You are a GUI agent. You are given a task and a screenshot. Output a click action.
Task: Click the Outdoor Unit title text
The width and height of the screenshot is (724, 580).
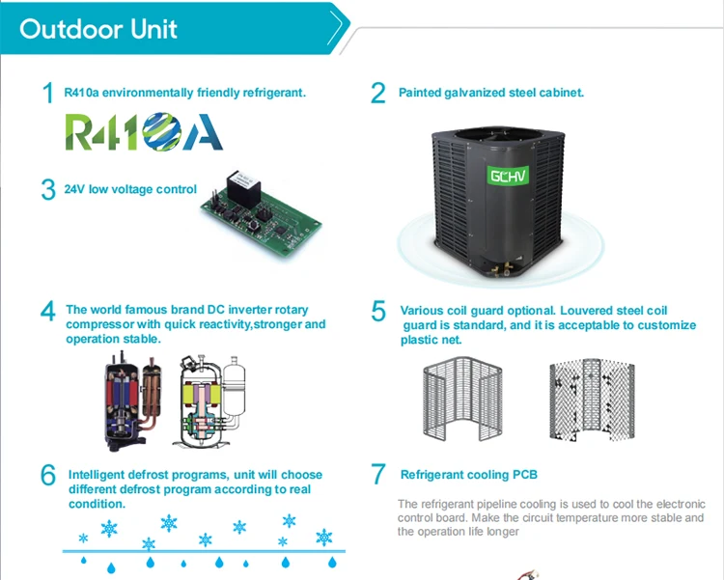coord(97,29)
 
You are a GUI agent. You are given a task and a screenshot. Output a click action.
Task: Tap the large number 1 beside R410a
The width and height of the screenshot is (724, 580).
coord(48,93)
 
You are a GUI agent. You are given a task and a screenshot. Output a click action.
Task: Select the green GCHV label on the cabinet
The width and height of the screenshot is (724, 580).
coord(508,176)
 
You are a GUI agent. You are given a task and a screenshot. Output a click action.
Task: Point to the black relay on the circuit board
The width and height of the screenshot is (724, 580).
coord(243,186)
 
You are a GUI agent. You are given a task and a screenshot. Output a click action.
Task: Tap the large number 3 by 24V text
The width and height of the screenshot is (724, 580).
coord(48,190)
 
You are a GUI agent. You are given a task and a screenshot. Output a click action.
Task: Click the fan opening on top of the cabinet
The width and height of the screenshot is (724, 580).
coord(499,136)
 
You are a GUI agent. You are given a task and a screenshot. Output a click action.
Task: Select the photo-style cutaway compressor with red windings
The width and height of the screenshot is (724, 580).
coord(132,401)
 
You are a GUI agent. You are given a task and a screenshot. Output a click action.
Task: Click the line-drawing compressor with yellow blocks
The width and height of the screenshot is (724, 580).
coord(210,400)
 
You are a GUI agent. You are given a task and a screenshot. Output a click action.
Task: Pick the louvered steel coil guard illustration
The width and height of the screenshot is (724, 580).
coord(462,398)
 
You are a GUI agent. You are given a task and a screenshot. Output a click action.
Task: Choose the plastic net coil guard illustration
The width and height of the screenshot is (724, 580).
coord(592,400)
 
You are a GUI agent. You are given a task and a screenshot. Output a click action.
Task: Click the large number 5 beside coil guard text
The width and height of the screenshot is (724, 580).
coord(378,312)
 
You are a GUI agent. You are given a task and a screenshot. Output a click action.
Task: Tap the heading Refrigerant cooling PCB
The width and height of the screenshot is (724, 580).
coord(468,475)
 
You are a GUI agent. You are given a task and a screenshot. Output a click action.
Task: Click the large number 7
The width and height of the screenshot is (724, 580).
coord(378,474)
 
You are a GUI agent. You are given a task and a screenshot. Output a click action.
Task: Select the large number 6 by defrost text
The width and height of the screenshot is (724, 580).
coord(48,475)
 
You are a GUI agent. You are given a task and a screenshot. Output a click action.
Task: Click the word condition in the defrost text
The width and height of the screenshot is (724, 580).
coord(97,504)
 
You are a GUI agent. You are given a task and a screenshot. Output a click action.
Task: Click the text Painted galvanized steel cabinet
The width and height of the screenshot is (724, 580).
coord(491,93)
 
